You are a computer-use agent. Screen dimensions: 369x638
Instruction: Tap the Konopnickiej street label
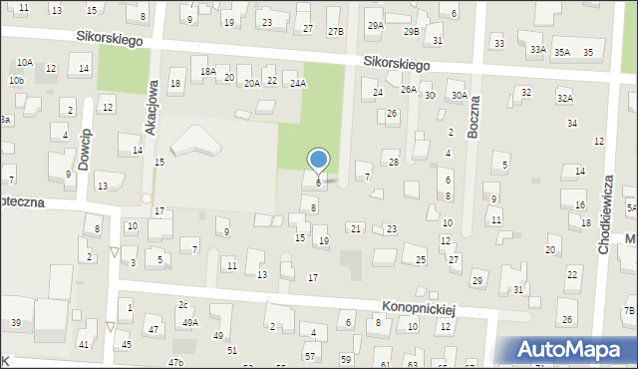(419, 309)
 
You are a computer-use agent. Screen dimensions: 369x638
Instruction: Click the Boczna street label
(475, 118)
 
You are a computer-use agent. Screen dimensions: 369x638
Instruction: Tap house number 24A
(297, 84)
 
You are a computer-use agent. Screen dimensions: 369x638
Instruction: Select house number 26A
(408, 89)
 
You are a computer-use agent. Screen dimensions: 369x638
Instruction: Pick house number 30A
(459, 96)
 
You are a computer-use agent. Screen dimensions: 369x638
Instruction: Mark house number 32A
(565, 98)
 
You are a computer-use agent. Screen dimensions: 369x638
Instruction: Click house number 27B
(336, 31)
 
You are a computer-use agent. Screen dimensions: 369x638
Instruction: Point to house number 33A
(537, 50)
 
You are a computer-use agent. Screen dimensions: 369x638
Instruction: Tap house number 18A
(207, 72)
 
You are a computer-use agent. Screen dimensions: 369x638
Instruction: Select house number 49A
(189, 322)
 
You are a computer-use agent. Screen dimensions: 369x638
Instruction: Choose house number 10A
(24, 62)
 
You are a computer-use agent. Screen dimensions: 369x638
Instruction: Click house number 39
(16, 323)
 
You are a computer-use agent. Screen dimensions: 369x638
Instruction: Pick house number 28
(394, 162)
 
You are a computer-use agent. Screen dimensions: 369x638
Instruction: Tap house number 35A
(563, 52)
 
